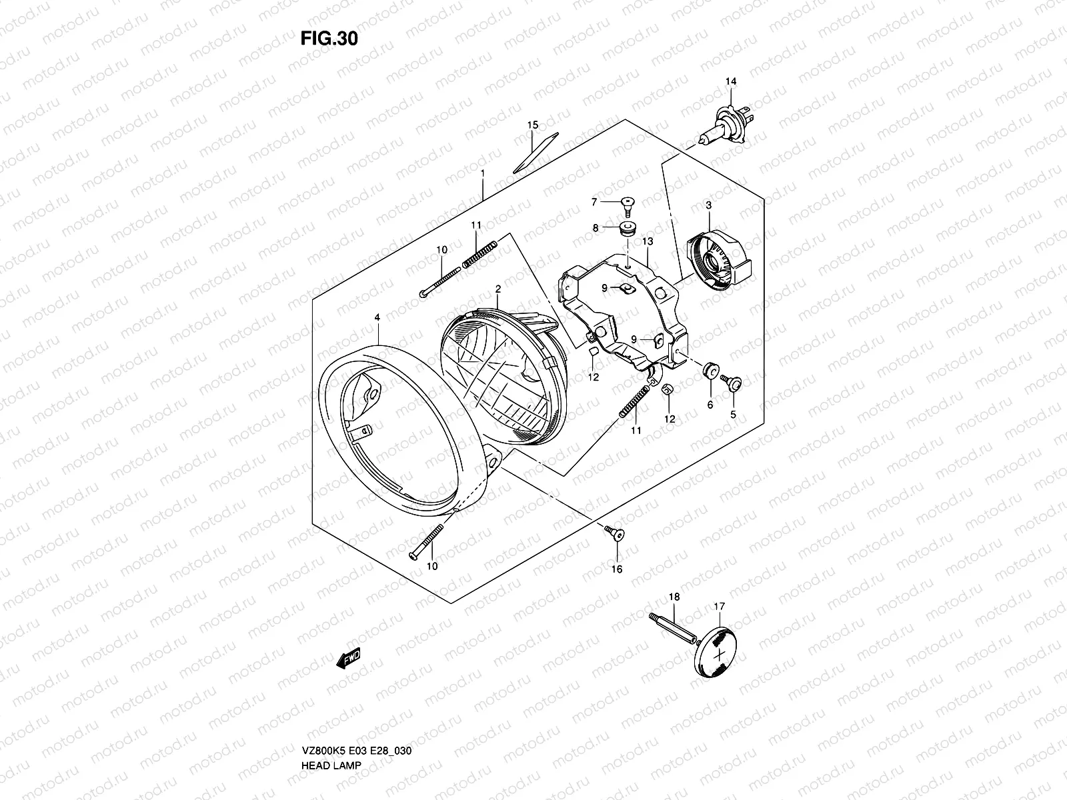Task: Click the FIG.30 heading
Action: (x=329, y=39)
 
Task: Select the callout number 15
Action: (x=532, y=125)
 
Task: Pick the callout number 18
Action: (x=674, y=597)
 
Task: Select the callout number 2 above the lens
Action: (x=497, y=289)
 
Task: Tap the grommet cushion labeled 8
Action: (x=627, y=229)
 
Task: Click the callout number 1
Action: (x=482, y=172)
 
